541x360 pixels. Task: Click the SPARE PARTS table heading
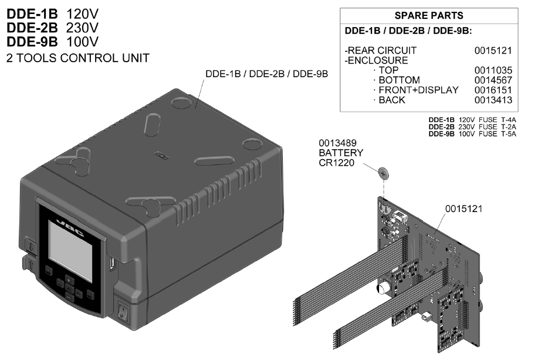point(428,16)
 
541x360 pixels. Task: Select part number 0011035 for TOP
point(493,70)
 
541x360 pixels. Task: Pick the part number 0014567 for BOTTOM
point(493,80)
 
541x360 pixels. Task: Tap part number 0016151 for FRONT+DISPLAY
point(493,90)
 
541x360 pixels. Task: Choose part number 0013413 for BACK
point(493,100)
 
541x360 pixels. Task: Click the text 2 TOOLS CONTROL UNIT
point(77,58)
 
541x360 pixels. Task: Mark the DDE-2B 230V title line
point(52,28)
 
